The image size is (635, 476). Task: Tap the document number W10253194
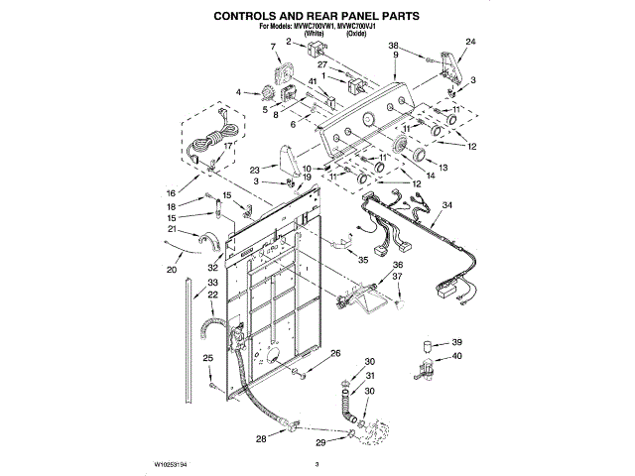(x=175, y=463)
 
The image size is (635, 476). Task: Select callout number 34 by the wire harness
(x=447, y=205)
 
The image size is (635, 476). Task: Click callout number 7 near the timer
(x=273, y=47)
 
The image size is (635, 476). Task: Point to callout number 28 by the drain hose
(x=261, y=437)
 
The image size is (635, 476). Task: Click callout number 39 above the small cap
(x=457, y=340)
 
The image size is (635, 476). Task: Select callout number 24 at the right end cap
(x=471, y=41)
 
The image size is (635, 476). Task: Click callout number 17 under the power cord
(x=228, y=145)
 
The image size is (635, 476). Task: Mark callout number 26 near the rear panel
(x=335, y=354)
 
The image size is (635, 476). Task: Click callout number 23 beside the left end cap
(x=255, y=169)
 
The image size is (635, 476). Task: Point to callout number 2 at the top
(x=288, y=42)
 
